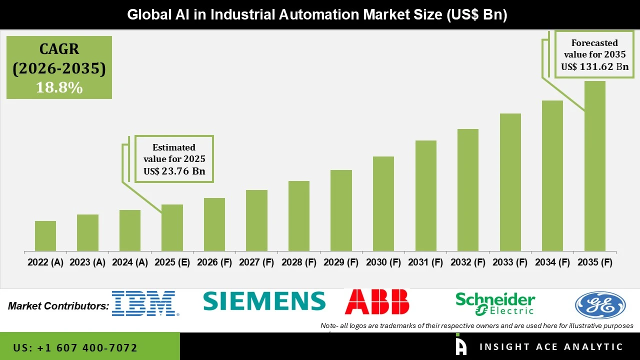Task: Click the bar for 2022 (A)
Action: (x=45, y=235)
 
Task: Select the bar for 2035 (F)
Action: (x=594, y=165)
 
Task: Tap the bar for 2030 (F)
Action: (x=383, y=203)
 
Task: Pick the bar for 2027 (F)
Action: (x=256, y=220)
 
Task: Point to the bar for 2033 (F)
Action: (x=510, y=182)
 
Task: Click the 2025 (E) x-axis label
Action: (x=172, y=262)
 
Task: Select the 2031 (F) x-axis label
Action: (x=425, y=262)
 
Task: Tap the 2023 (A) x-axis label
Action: (x=87, y=262)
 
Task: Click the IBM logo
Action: (x=144, y=303)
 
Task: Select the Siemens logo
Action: (x=264, y=301)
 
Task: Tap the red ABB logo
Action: (x=377, y=301)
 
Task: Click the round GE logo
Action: (x=600, y=305)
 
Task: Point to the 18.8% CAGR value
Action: (x=59, y=87)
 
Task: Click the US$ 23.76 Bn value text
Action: (x=174, y=171)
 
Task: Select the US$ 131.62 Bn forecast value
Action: (x=594, y=66)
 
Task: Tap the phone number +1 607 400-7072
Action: (x=75, y=347)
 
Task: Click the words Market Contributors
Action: (x=58, y=305)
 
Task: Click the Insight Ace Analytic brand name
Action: (x=551, y=347)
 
